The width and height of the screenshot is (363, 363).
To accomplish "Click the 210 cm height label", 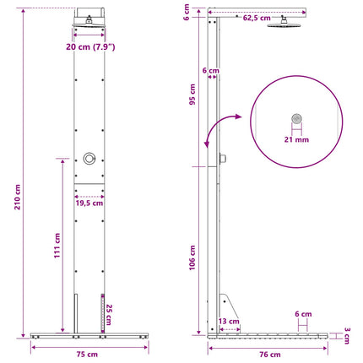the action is click(18, 197).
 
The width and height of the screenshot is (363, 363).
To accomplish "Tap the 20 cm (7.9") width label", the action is click(90, 46).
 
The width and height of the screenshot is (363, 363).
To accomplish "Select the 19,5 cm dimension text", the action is click(89, 203).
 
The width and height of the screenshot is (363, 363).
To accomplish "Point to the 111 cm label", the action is click(57, 246).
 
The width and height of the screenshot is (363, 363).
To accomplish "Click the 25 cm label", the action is click(109, 314).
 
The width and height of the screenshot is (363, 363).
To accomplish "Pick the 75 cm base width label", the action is click(87, 354).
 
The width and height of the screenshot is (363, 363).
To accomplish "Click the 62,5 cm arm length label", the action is click(257, 18).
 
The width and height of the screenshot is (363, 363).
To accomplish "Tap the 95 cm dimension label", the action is click(192, 95).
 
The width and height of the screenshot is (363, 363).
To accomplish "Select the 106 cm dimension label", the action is click(192, 257).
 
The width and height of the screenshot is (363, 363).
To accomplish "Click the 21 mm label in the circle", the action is click(296, 139).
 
